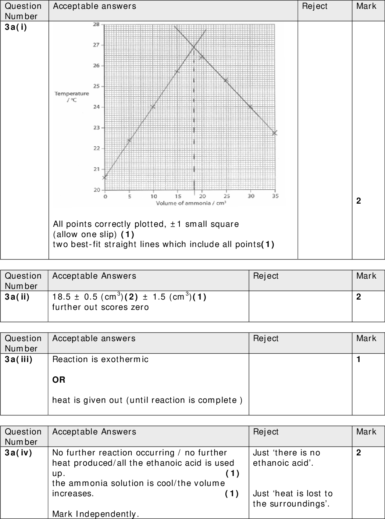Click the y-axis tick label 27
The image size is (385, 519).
point(96,45)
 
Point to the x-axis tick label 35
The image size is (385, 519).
point(275,196)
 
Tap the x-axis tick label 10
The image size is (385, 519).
point(154,196)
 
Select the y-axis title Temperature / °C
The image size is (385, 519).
point(72,97)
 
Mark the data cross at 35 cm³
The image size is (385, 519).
point(275,133)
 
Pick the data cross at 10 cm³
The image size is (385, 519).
point(153,107)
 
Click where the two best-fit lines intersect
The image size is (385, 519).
point(194,47)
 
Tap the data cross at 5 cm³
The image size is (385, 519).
point(129,140)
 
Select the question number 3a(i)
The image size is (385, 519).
point(16,27)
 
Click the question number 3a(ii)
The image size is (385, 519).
point(17,297)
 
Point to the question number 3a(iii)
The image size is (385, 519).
point(18,359)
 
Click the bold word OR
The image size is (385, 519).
point(59,380)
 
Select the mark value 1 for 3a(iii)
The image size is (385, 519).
point(359,359)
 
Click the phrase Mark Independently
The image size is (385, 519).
point(96,514)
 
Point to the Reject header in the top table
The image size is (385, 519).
point(314,6)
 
